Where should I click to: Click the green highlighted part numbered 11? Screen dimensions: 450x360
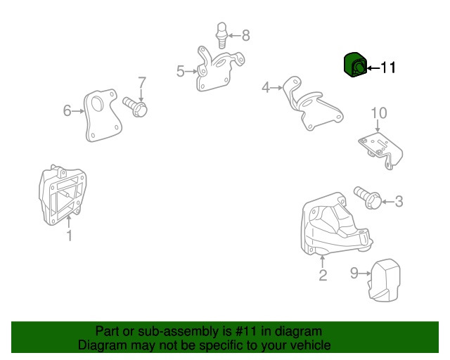click(355, 65)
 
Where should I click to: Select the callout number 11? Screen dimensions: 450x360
click(388, 67)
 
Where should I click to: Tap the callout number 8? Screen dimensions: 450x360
click(246, 36)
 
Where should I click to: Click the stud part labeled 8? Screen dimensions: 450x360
click(221, 35)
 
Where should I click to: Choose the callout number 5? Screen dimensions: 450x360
click(181, 71)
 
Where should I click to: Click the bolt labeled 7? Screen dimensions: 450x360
click(135, 107)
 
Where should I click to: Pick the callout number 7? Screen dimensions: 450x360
click(142, 82)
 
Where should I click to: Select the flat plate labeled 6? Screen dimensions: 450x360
click(103, 115)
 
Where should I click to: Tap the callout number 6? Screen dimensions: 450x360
click(67, 110)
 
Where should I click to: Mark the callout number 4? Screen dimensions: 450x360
click(266, 87)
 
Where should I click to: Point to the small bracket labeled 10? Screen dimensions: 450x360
click(380, 150)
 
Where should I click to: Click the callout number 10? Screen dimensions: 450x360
click(379, 112)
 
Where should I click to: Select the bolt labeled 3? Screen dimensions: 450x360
click(367, 197)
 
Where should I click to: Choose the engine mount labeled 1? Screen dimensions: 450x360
click(63, 195)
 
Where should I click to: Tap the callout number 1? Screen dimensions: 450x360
click(69, 236)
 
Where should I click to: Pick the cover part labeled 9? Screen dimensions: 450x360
click(384, 280)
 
